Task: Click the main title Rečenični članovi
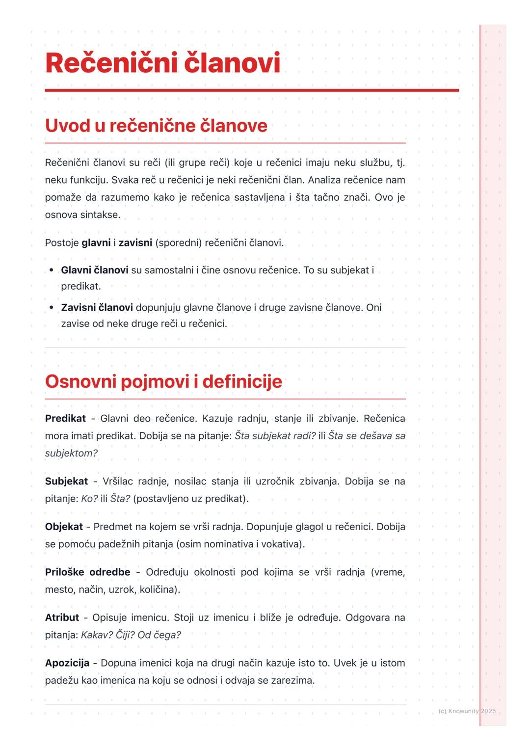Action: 162,63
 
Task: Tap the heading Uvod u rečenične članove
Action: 156,126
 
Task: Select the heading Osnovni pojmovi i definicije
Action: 163,381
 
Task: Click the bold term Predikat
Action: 65,419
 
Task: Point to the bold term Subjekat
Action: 66,482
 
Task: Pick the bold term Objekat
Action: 64,527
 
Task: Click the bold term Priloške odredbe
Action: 87,572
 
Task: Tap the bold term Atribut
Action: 62,617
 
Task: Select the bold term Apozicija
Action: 67,663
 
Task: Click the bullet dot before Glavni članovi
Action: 52,270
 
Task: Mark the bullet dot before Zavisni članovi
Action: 52,308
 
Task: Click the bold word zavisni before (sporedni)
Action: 135,243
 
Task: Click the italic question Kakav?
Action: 97,635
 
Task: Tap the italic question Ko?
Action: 89,499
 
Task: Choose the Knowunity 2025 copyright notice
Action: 467,711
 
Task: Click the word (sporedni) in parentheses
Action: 178,243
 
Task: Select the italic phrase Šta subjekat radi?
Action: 275,436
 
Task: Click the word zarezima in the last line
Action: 293,681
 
